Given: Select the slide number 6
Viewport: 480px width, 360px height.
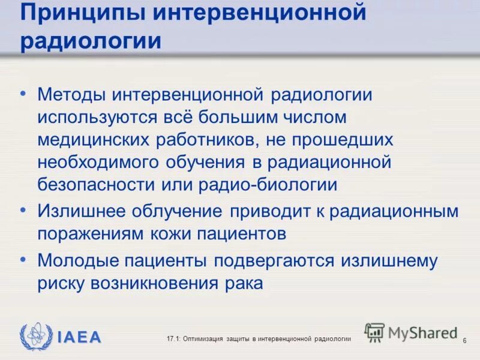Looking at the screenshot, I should point(464,341).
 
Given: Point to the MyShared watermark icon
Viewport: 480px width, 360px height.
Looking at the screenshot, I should point(374,332).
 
